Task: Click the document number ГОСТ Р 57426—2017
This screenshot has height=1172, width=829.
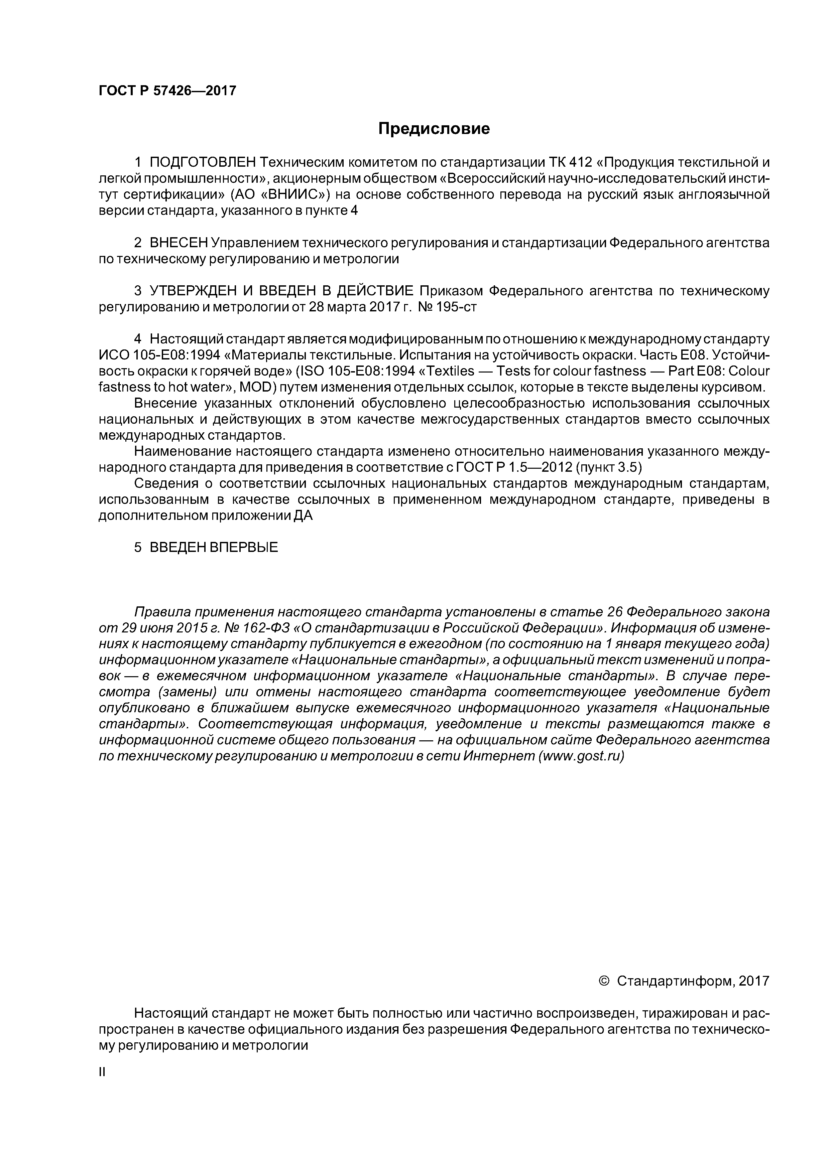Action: click(x=167, y=91)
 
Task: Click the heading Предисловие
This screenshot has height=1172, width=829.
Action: click(x=434, y=129)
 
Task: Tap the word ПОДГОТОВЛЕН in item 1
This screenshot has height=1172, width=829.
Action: click(x=202, y=163)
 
